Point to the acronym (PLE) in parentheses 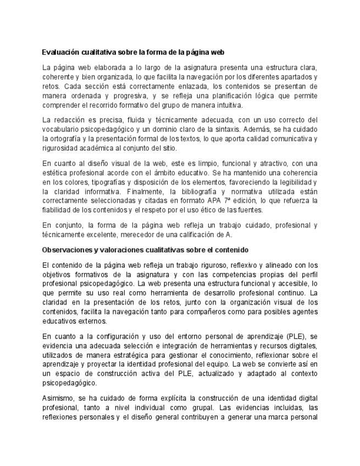tap(291, 336)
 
